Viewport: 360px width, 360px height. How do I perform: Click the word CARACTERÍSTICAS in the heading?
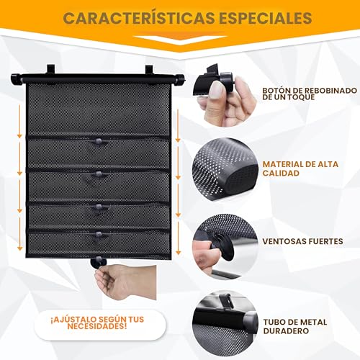pyautogui.click(x=139, y=17)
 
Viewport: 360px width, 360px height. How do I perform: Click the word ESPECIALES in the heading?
pyautogui.click(x=266, y=18)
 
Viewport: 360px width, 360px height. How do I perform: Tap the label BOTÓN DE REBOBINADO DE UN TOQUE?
pyautogui.click(x=310, y=94)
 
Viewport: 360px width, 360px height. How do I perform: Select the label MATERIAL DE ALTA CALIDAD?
pyautogui.click(x=300, y=168)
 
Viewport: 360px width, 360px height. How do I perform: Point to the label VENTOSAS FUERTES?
pyautogui.click(x=302, y=241)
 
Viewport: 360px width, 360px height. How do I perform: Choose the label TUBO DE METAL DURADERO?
pyautogui.click(x=295, y=326)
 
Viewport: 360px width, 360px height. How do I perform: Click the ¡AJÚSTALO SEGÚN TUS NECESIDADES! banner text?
pyautogui.click(x=97, y=323)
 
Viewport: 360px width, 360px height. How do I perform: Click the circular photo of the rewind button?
pyautogui.click(x=225, y=95)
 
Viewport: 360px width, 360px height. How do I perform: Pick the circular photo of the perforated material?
pyautogui.click(x=225, y=170)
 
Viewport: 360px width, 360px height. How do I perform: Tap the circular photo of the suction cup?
pyautogui.click(x=225, y=247)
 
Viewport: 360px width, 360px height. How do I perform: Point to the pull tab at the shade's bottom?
pyautogui.click(x=99, y=261)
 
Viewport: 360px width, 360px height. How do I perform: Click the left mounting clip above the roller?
pyautogui.click(x=50, y=70)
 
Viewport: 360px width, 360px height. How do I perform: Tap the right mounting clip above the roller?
pyautogui.click(x=149, y=70)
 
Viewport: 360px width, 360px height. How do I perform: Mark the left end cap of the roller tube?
pyautogui.click(x=17, y=79)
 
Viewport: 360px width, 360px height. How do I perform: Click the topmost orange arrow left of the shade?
pyautogui.click(x=19, y=122)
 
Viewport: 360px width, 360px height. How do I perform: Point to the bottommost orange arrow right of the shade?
pyautogui.click(x=178, y=238)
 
